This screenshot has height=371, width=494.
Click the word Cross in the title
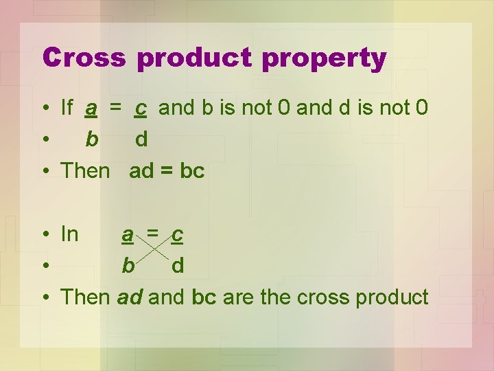[x=84, y=58]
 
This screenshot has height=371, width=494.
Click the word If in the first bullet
[x=67, y=108]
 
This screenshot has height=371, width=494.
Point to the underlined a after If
[x=91, y=109]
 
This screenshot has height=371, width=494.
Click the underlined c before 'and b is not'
[x=140, y=109]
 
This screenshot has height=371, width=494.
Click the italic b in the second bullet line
[x=91, y=139]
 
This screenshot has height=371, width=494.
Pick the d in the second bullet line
[x=141, y=139]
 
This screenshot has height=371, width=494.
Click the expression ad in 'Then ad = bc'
[x=141, y=171]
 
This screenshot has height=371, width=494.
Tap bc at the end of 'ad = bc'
[x=192, y=171]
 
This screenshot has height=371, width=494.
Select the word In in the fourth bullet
[x=69, y=234]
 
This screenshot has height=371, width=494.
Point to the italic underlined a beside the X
[x=128, y=235]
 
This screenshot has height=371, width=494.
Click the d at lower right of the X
[x=178, y=266]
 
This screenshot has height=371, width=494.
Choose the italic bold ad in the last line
[x=130, y=297]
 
